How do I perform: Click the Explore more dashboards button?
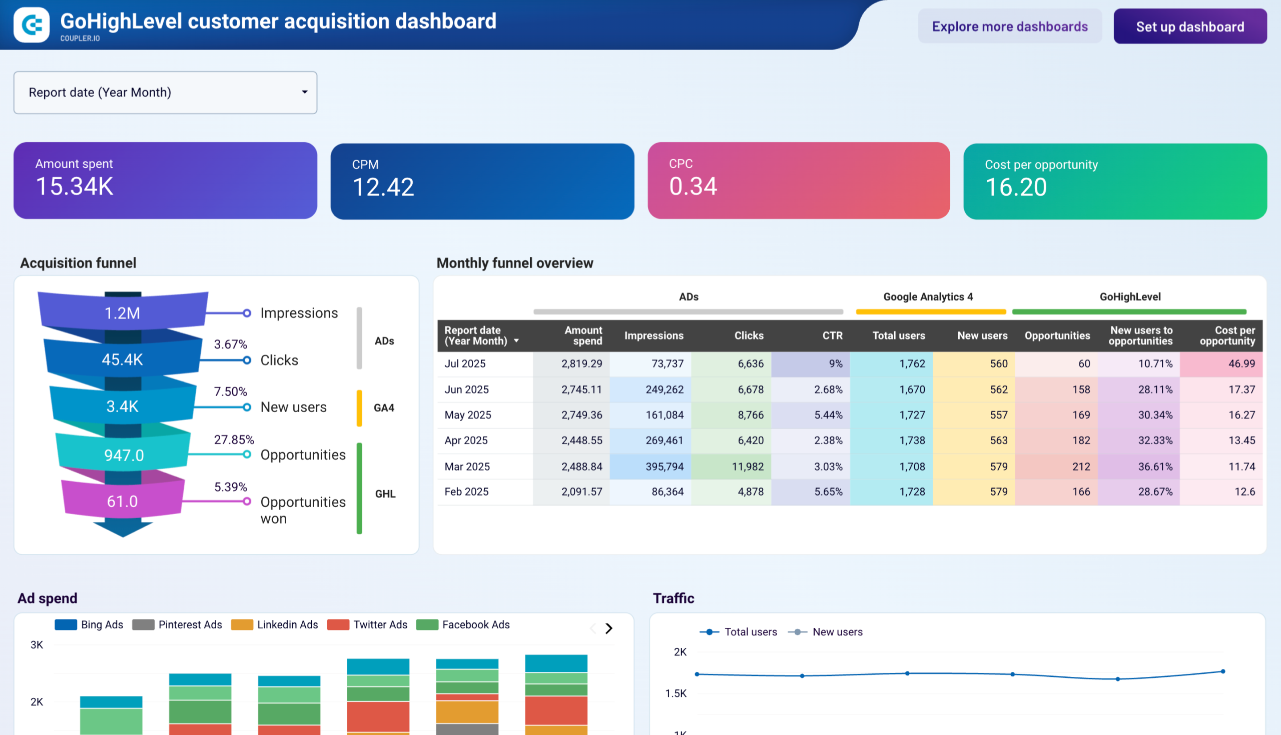point(1009,26)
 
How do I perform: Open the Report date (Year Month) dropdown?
point(165,93)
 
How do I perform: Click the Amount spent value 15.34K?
point(75,186)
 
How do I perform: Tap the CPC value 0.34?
point(693,186)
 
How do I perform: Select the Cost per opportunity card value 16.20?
point(1015,187)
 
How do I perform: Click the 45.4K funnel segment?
point(123,359)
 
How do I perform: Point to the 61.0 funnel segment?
point(123,501)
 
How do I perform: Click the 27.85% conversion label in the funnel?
point(234,440)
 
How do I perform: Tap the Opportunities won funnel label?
point(303,510)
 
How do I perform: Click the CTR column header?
point(832,335)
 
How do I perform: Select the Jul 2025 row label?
point(465,363)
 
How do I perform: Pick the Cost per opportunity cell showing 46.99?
point(1241,363)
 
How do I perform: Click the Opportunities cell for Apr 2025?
point(1081,440)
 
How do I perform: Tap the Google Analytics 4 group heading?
point(927,297)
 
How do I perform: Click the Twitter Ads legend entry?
point(379,624)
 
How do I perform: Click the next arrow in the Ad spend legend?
point(609,628)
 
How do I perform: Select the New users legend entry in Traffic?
point(837,632)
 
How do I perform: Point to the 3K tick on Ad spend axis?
point(37,645)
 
